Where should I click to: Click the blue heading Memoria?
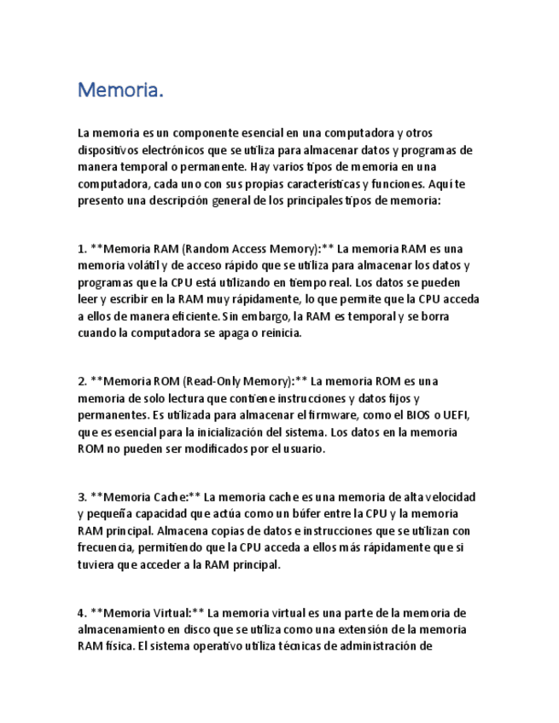click(119, 90)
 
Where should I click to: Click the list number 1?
click(82, 250)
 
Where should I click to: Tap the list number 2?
click(82, 382)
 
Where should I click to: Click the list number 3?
click(82, 497)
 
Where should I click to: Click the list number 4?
click(82, 613)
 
